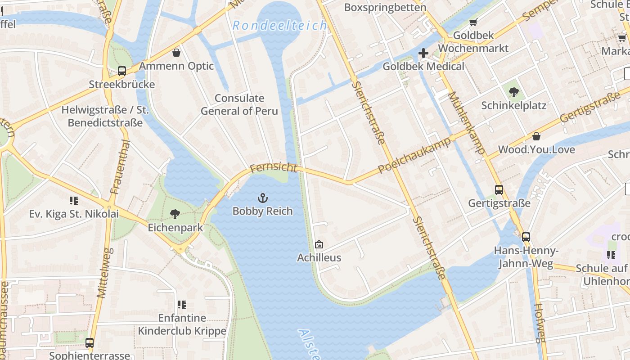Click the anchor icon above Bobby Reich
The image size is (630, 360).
click(x=262, y=198)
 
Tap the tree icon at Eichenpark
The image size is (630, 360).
click(x=175, y=214)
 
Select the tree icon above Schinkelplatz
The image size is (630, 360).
click(x=513, y=92)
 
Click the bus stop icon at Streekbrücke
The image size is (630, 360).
click(x=121, y=71)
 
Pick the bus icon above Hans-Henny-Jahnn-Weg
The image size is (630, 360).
click(x=526, y=237)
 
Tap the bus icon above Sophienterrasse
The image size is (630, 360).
click(x=90, y=343)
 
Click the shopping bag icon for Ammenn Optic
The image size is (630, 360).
click(x=176, y=53)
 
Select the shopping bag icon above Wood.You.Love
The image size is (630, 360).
click(x=536, y=136)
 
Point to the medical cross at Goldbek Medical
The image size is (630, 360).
click(x=423, y=54)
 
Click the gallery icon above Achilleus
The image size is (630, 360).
click(x=319, y=244)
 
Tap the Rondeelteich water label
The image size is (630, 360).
click(x=279, y=26)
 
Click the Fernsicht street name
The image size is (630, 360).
click(x=274, y=168)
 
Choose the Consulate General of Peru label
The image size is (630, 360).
click(x=239, y=104)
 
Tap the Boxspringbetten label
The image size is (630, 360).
click(x=385, y=7)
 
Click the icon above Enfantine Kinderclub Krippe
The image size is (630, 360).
click(x=182, y=305)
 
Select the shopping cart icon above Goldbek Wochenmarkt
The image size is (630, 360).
click(x=472, y=22)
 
